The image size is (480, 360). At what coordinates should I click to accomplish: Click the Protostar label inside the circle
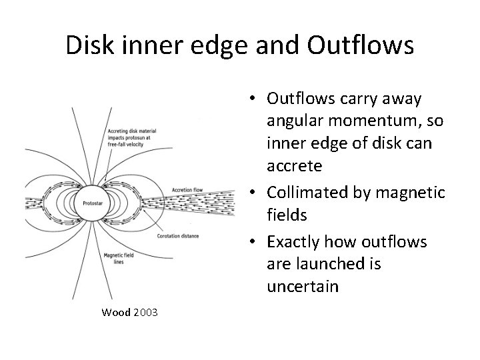pyautogui.click(x=92, y=201)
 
